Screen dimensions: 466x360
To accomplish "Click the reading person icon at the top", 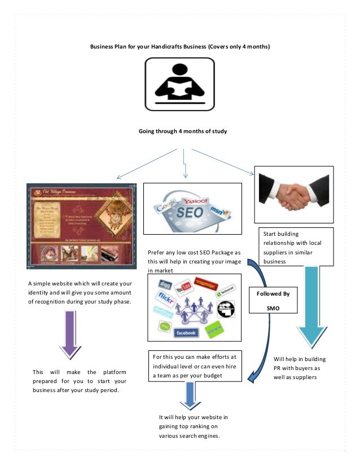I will coord(180,84).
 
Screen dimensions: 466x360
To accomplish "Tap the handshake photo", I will coord(293,195).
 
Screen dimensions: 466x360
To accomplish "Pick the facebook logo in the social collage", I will coord(185,332).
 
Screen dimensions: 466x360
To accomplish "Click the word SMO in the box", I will coord(273,308).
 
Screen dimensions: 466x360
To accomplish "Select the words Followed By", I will coord(273,294).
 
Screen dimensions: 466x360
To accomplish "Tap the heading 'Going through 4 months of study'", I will coord(182,131).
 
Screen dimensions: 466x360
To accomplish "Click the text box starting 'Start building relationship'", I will coord(296,247).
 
